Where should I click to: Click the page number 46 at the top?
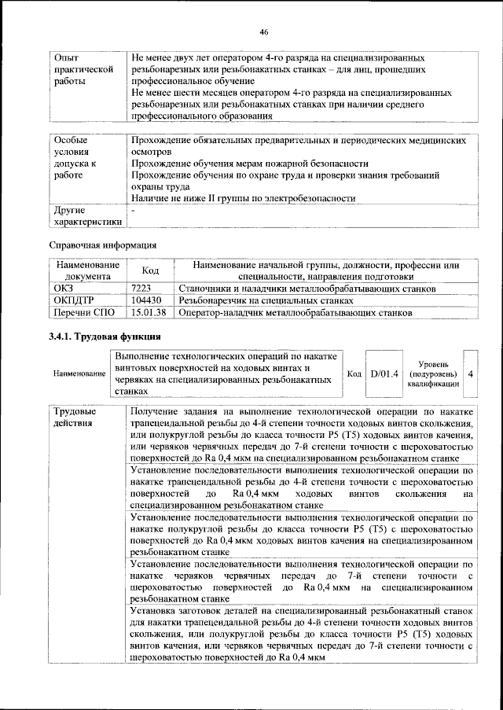[x=264, y=31]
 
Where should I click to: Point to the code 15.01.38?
[x=149, y=312]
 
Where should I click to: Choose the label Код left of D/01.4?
[x=354, y=373]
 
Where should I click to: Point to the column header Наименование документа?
[x=87, y=270]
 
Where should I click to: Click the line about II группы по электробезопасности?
[x=243, y=198]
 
